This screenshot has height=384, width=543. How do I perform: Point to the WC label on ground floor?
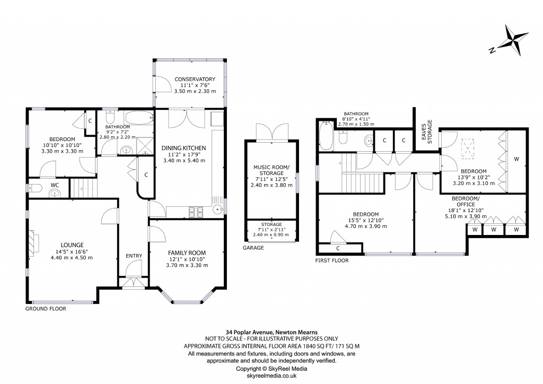click(x=54, y=185)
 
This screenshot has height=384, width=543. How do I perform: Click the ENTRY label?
click(x=134, y=256)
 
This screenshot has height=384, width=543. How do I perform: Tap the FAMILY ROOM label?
click(x=187, y=252)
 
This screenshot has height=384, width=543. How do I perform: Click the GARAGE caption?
click(x=253, y=248)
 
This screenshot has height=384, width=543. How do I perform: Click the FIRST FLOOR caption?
click(x=331, y=260)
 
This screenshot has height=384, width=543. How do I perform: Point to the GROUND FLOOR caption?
click(x=46, y=308)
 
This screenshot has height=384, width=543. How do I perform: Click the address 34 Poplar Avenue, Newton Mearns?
click(x=271, y=332)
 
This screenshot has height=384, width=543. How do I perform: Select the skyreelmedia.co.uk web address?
click(x=271, y=374)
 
